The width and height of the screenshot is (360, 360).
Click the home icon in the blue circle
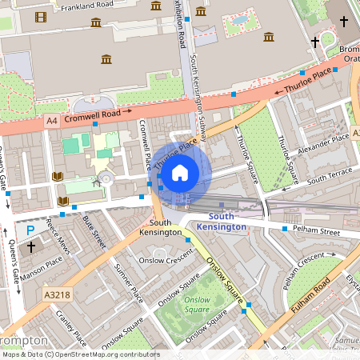tap(180, 171)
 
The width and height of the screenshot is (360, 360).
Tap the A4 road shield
tap(52, 121)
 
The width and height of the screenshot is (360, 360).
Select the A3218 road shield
tap(57, 294)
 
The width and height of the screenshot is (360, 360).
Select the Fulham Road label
tap(311, 294)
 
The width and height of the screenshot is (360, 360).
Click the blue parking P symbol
tap(30, 230)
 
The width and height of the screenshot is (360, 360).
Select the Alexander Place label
tap(323, 143)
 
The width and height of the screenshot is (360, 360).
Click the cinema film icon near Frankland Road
tap(41, 17)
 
